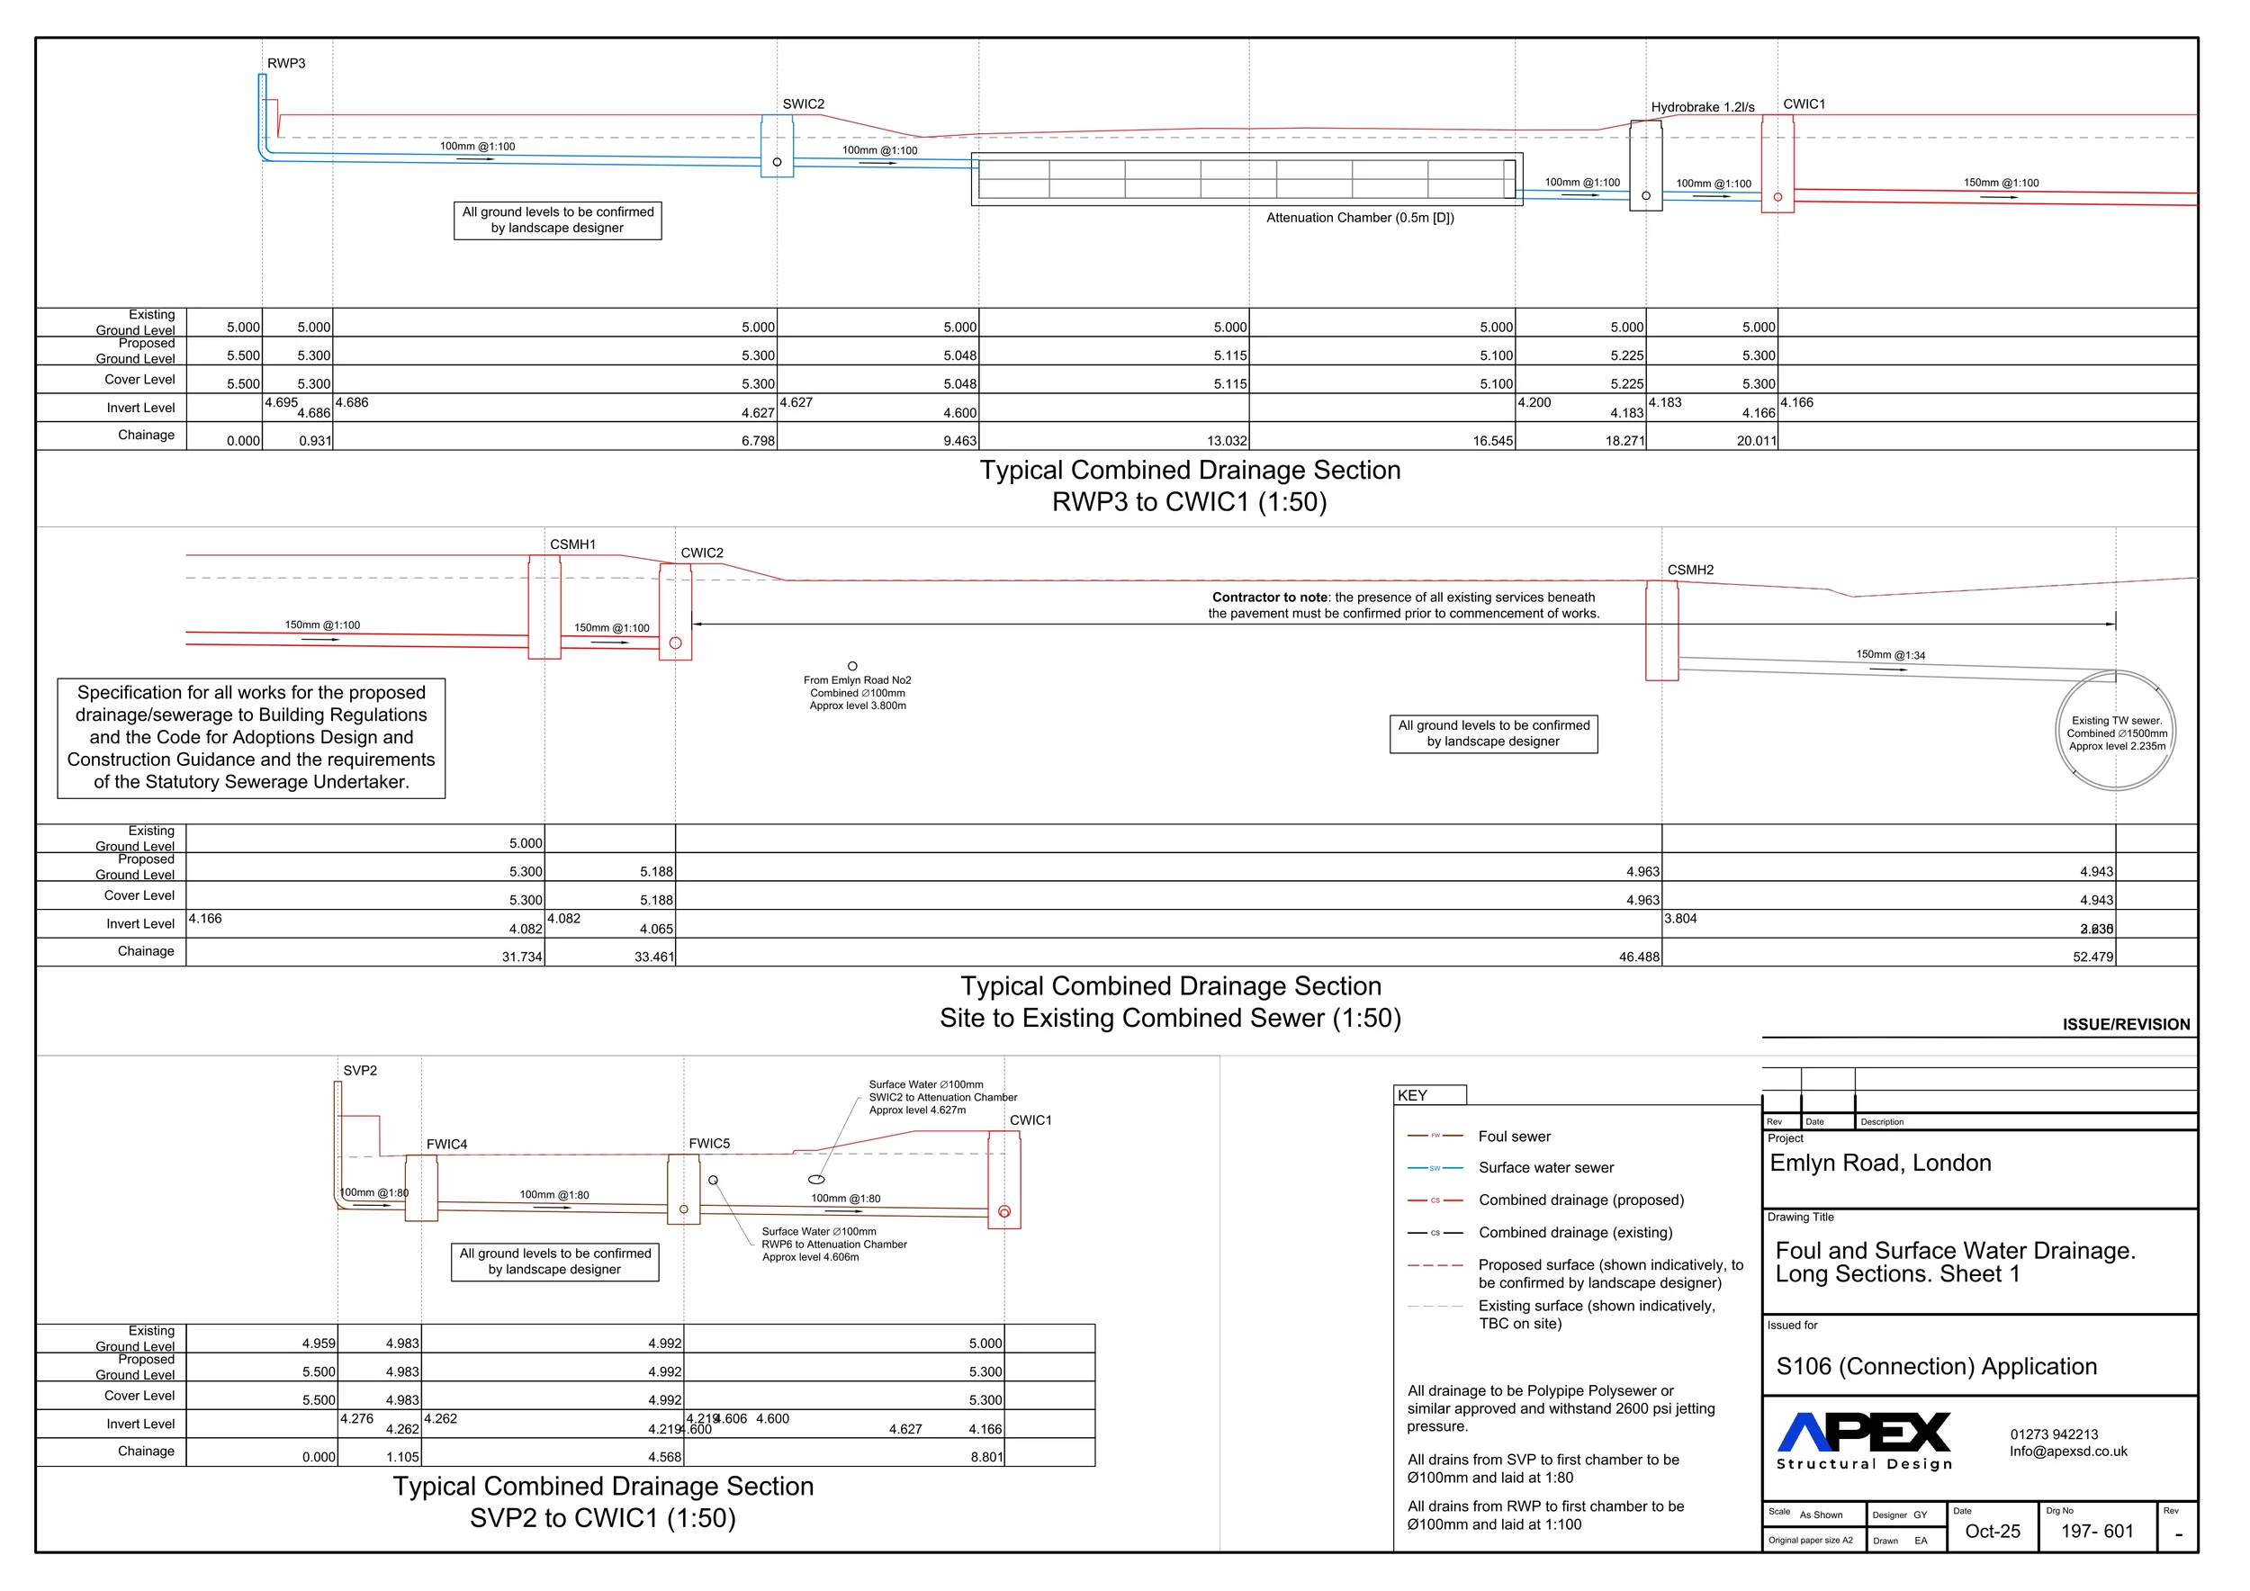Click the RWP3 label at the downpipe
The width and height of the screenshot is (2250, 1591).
point(286,64)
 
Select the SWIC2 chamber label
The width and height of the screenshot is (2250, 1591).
point(803,103)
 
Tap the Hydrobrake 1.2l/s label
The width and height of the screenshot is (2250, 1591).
point(1702,107)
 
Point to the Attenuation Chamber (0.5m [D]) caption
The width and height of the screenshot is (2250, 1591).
point(1359,218)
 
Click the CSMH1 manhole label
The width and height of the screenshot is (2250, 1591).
point(572,544)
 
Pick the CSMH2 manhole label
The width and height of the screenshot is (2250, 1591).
point(1690,571)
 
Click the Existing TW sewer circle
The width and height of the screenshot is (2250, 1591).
point(2116,731)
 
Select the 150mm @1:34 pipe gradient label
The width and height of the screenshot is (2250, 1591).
point(1890,654)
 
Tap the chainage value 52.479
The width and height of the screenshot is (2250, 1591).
point(2092,957)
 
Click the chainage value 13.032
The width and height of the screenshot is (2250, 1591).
point(1227,441)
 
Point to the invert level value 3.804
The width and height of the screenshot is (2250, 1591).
point(1680,919)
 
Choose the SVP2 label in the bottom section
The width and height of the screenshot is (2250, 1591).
point(360,1071)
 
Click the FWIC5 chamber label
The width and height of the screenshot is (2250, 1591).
point(708,1143)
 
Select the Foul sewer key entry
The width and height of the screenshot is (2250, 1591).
point(1514,1137)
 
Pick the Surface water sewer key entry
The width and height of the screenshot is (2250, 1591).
point(1545,1168)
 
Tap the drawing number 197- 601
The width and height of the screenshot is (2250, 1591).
point(2096,1532)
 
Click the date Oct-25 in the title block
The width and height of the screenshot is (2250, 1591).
point(1993,1532)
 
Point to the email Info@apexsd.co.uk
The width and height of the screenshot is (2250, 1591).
point(2067,1452)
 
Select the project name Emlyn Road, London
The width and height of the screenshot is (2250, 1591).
point(1879,1163)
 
